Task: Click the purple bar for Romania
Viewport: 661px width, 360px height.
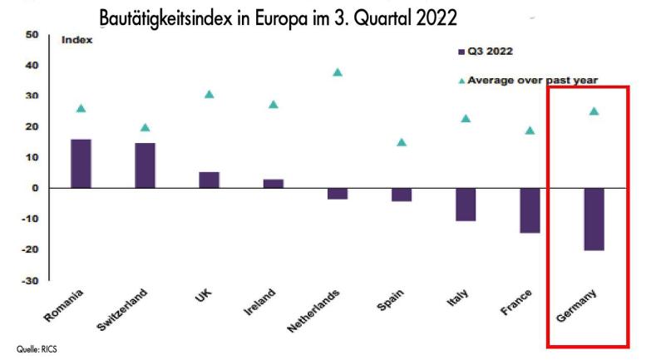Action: (x=81, y=164)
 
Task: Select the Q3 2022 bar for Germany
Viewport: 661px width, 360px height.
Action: (x=594, y=219)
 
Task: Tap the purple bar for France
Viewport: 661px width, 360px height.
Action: (x=530, y=210)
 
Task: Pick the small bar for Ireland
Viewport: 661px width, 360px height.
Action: (x=274, y=184)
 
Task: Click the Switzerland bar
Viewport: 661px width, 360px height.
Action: (x=145, y=165)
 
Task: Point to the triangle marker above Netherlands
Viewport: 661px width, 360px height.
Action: (x=338, y=72)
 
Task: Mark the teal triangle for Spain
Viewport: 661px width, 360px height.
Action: (x=402, y=142)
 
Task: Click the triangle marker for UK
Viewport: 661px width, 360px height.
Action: (x=210, y=94)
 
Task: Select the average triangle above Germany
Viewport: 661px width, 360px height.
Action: (x=594, y=111)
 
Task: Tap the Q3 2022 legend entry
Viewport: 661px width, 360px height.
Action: (x=485, y=51)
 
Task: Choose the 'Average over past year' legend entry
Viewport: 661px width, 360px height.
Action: (x=527, y=81)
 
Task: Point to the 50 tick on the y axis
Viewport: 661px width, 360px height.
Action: (x=32, y=34)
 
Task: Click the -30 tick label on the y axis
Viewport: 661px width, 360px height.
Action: (x=30, y=280)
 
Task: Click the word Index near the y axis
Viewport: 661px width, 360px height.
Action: (x=76, y=39)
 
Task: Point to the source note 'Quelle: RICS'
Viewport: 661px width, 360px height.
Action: (x=37, y=350)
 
